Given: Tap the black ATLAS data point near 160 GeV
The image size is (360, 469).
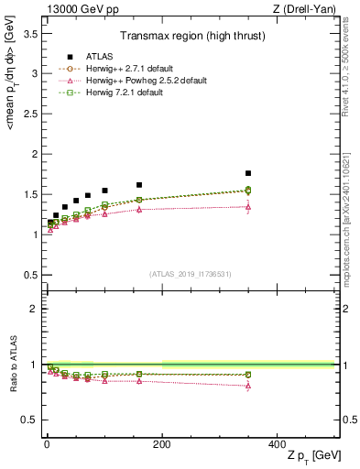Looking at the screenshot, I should coord(139,185).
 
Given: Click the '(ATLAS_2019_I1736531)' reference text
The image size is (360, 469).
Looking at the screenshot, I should coord(190,273).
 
